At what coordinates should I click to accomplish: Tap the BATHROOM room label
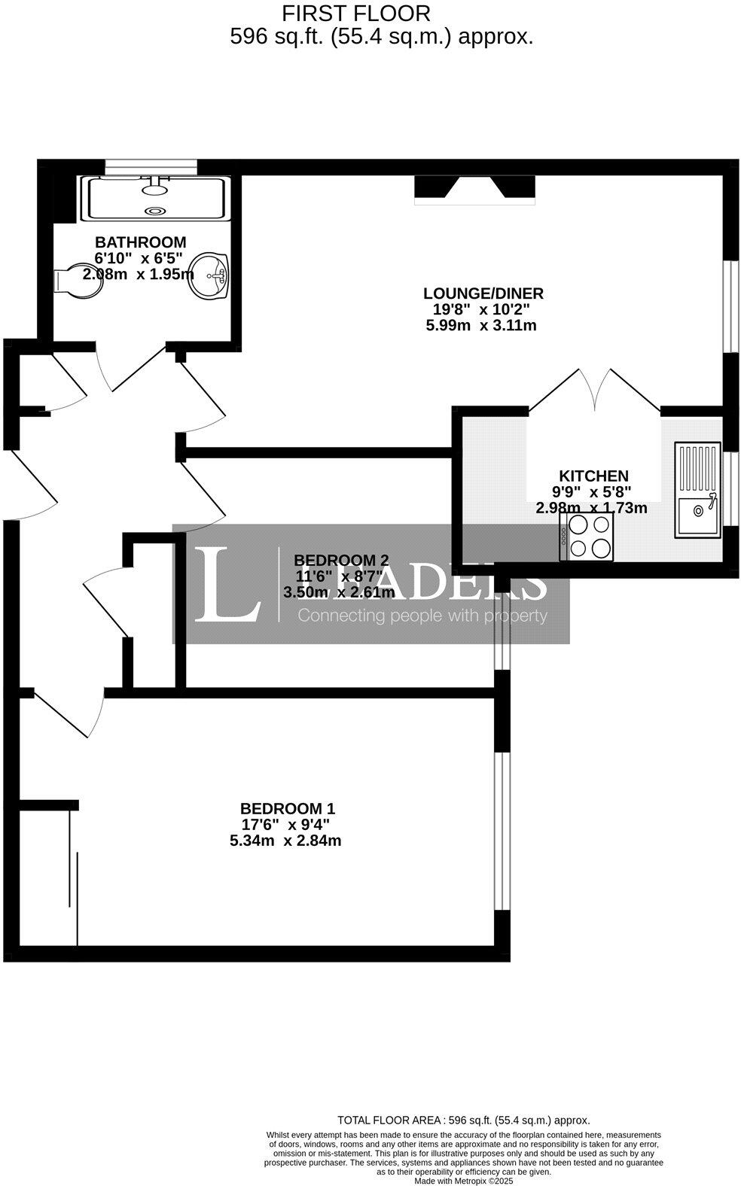[x=140, y=242]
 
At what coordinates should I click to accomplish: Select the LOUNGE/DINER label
[x=483, y=293]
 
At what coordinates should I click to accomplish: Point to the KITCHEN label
[x=593, y=476]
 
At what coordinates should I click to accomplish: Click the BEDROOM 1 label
[x=287, y=809]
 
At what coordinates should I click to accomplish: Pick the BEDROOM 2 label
[x=341, y=560]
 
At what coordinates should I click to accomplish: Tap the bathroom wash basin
[x=211, y=276]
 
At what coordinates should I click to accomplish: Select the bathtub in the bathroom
[x=157, y=198]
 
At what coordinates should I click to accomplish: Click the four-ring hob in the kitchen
[x=590, y=537]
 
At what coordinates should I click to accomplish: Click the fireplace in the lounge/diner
[x=474, y=189]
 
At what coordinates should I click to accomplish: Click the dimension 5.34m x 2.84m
[x=285, y=841]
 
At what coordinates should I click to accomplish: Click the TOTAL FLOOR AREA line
[x=463, y=1120]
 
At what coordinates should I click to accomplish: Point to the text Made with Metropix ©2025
[x=463, y=1181]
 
